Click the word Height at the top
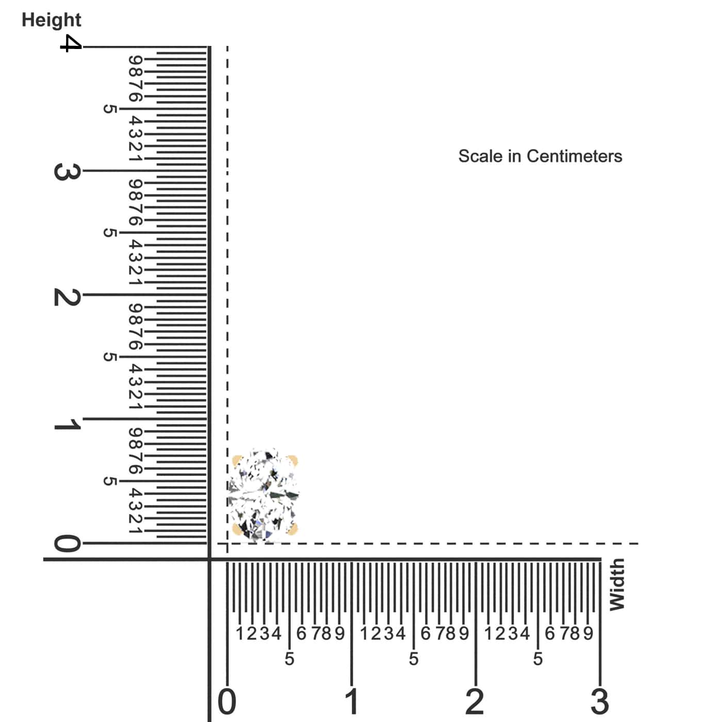[x=52, y=20]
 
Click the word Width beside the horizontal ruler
[x=617, y=584]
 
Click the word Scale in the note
[x=480, y=156]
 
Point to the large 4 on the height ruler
[x=71, y=43]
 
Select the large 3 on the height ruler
[x=68, y=172]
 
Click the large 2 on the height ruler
[x=68, y=297]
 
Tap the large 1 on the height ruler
[x=68, y=424]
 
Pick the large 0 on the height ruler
[x=68, y=543]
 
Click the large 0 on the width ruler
[x=227, y=702]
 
